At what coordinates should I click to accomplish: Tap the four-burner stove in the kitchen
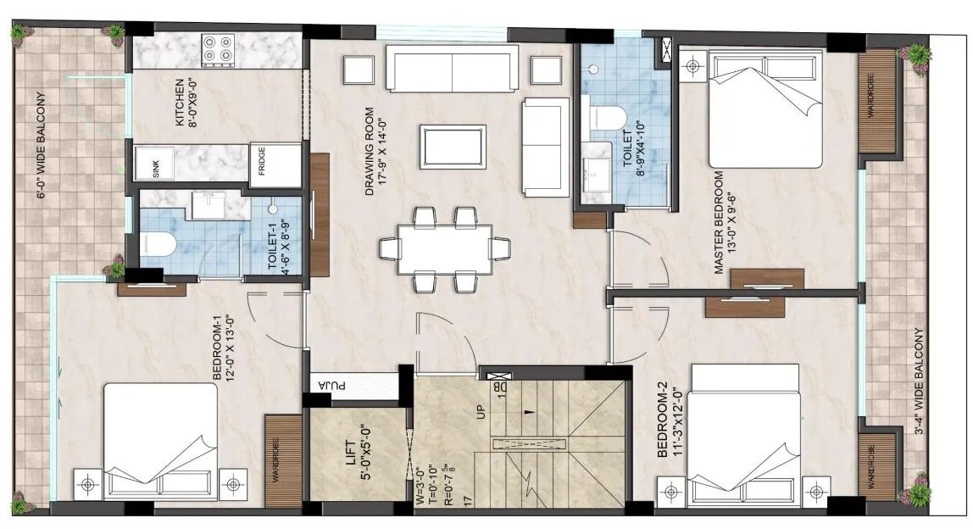(218, 50)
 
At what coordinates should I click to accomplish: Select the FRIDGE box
(275, 164)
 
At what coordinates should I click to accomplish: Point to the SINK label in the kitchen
(155, 170)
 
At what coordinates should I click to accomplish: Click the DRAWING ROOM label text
(370, 152)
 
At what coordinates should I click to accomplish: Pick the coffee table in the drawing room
(453, 146)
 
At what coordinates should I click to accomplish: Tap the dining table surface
(445, 248)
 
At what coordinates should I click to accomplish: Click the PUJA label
(332, 386)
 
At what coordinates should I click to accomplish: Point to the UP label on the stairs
(481, 412)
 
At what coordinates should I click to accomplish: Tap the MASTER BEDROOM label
(719, 222)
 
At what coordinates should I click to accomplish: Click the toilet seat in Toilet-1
(156, 243)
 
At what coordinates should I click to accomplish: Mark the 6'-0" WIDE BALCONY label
(41, 145)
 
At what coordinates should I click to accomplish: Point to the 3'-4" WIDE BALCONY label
(919, 381)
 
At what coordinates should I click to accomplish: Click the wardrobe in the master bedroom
(878, 101)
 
